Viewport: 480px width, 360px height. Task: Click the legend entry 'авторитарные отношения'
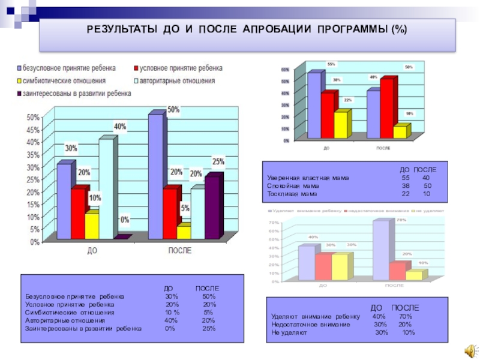tap(172, 80)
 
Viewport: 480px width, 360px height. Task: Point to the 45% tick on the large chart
tap(33, 130)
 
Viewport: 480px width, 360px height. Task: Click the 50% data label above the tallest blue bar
tap(173, 110)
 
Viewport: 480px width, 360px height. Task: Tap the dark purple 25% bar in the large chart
tap(212, 205)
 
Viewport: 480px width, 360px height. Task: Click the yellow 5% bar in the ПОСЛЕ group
tap(184, 231)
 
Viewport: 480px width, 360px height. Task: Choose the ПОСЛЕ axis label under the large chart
tap(179, 251)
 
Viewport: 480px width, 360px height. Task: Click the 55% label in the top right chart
tap(331, 64)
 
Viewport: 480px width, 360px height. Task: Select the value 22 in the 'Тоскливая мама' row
tap(406, 194)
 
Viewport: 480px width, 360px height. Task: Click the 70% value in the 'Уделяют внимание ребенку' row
tap(405, 316)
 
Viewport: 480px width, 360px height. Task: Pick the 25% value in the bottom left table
tap(208, 328)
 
